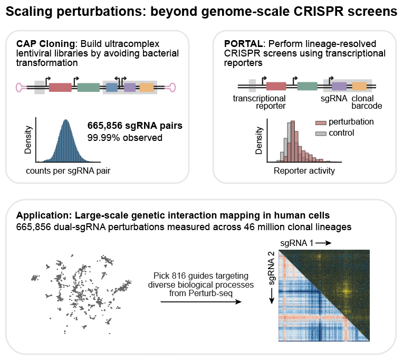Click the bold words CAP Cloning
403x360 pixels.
coord(45,44)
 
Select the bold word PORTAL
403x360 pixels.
coord(243,44)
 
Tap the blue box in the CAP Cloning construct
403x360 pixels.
coord(112,88)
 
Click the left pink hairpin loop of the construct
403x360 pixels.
coord(21,88)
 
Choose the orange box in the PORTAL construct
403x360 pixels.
coord(359,87)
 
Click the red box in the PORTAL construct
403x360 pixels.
coord(276,87)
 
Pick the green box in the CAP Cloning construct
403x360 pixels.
coord(89,88)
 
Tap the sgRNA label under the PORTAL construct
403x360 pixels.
coord(333,99)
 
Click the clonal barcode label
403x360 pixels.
coord(367,102)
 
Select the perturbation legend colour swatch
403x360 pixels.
coord(321,122)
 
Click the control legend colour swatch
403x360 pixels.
coord(321,134)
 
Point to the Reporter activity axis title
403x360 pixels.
coord(304,170)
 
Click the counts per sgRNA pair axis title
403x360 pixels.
coord(68,170)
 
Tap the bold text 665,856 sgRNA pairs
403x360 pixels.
coord(135,126)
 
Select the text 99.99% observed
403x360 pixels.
coord(125,138)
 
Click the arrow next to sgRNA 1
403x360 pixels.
coord(323,243)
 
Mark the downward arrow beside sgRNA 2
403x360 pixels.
coord(272,296)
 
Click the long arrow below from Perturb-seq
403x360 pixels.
coord(201,301)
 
